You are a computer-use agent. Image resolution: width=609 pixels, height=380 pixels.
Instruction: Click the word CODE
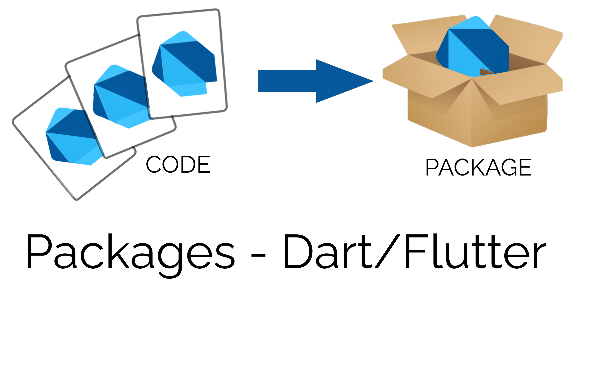click(x=178, y=165)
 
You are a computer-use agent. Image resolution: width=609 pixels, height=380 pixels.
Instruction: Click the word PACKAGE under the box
click(x=478, y=167)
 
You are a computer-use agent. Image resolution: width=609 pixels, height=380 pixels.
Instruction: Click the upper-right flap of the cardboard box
click(x=526, y=38)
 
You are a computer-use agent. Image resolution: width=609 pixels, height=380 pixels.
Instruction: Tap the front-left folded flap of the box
click(x=425, y=78)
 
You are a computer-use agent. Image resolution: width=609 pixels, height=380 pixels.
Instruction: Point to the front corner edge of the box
click(x=471, y=113)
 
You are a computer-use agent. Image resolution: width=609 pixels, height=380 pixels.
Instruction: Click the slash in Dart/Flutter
click(x=388, y=251)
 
